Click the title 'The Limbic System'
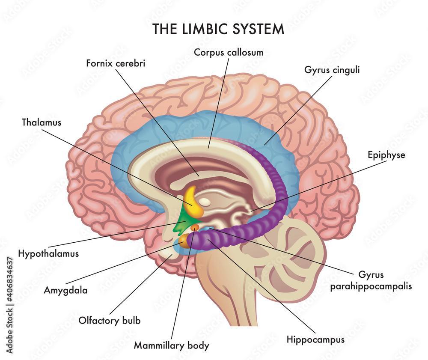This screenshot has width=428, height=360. click(218, 29)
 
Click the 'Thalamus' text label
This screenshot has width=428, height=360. click(42, 122)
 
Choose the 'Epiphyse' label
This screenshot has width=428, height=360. click(386, 155)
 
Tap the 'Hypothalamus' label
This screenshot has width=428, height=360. click(48, 253)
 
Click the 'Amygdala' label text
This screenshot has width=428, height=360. click(65, 290)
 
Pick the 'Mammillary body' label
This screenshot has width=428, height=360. click(172, 345)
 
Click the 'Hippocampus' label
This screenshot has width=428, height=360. click(315, 340)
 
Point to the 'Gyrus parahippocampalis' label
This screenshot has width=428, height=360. click(371, 280)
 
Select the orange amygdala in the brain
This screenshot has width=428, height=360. click(184, 241)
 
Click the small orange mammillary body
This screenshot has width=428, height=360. click(195, 227)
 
